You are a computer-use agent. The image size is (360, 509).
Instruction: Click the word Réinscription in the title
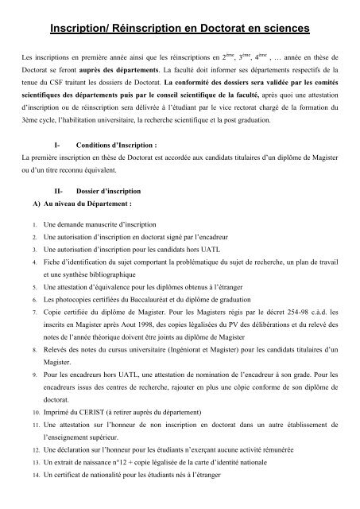pos(151,29)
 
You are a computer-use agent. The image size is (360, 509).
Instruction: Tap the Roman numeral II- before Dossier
pos(55,214)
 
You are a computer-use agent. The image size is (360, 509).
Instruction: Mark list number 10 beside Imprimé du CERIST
pos(25,437)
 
